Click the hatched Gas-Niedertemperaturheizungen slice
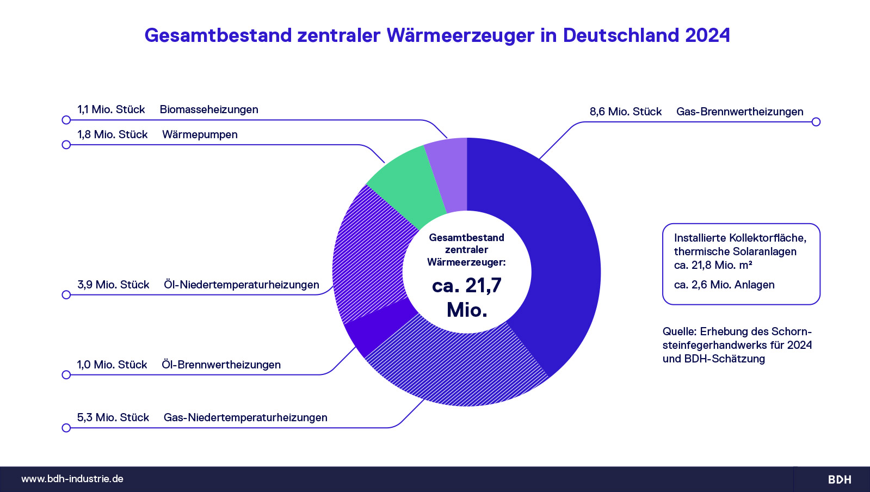(457, 365)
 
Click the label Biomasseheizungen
(209, 109)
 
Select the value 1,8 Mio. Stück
(113, 134)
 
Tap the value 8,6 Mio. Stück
(626, 112)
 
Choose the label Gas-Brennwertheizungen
(739, 112)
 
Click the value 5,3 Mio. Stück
(113, 417)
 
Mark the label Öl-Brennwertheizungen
(221, 365)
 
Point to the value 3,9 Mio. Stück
(113, 285)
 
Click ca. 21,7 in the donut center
(467, 286)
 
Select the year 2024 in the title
(707, 35)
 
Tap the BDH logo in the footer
(840, 479)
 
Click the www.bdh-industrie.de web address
(72, 479)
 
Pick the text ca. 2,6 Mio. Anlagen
(724, 285)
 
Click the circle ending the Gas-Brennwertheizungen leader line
(816, 122)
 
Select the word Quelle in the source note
(679, 331)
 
